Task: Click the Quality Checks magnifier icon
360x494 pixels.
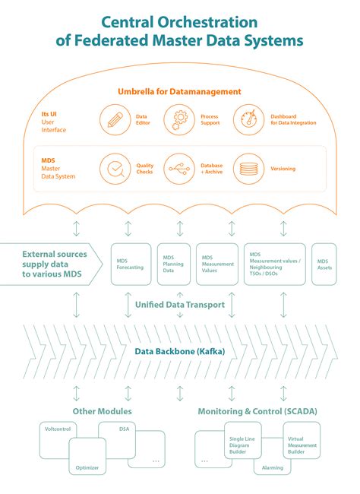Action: click(x=115, y=168)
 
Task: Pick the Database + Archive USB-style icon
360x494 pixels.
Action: click(x=180, y=168)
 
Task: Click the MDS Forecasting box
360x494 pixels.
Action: click(x=131, y=264)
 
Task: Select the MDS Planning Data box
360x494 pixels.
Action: click(x=174, y=264)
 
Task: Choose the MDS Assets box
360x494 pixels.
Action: click(x=324, y=264)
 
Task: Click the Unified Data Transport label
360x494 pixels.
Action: click(x=180, y=304)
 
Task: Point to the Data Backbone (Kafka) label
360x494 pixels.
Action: click(x=180, y=352)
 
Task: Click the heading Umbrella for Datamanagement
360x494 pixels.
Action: click(x=180, y=92)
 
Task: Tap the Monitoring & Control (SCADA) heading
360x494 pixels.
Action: click(x=257, y=411)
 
